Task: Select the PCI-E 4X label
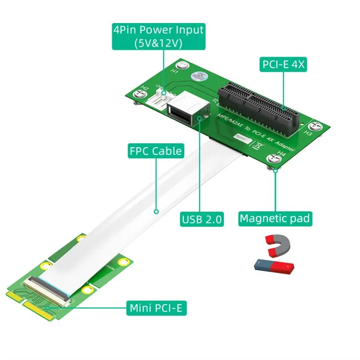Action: (283, 64)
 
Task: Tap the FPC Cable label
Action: (156, 152)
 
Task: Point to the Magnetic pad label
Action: (274, 218)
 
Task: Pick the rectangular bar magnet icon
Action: (274, 266)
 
